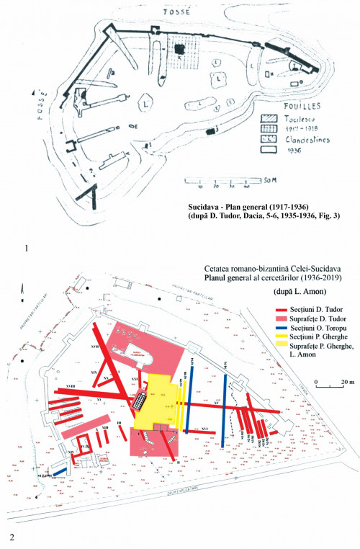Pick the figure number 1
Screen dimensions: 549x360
(27, 249)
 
